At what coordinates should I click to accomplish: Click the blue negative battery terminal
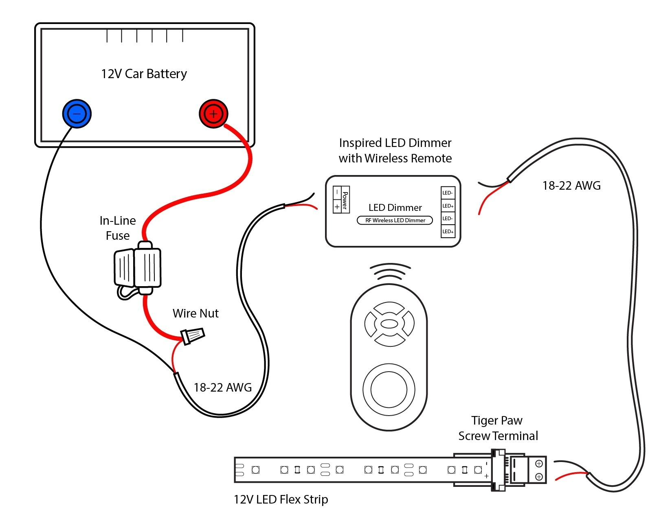[77, 114]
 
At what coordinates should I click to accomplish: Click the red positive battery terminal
[213, 114]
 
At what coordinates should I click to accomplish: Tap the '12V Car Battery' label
[144, 74]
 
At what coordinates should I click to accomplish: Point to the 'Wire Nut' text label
[195, 313]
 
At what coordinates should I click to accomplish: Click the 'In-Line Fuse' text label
[118, 228]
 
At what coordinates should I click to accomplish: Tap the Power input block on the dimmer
[341, 199]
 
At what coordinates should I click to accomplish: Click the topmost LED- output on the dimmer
[448, 193]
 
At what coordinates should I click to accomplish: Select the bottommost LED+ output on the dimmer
[448, 231]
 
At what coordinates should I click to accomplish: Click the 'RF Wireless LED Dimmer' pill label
[395, 220]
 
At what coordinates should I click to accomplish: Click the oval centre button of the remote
[389, 324]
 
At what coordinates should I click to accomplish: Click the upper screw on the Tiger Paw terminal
[538, 464]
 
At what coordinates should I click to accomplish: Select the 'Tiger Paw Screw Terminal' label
[498, 428]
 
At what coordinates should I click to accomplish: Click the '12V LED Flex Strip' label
[281, 499]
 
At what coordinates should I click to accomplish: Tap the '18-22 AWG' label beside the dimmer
[571, 186]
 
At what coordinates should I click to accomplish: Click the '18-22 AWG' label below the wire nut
[222, 388]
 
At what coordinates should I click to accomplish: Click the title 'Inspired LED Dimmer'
[395, 143]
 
